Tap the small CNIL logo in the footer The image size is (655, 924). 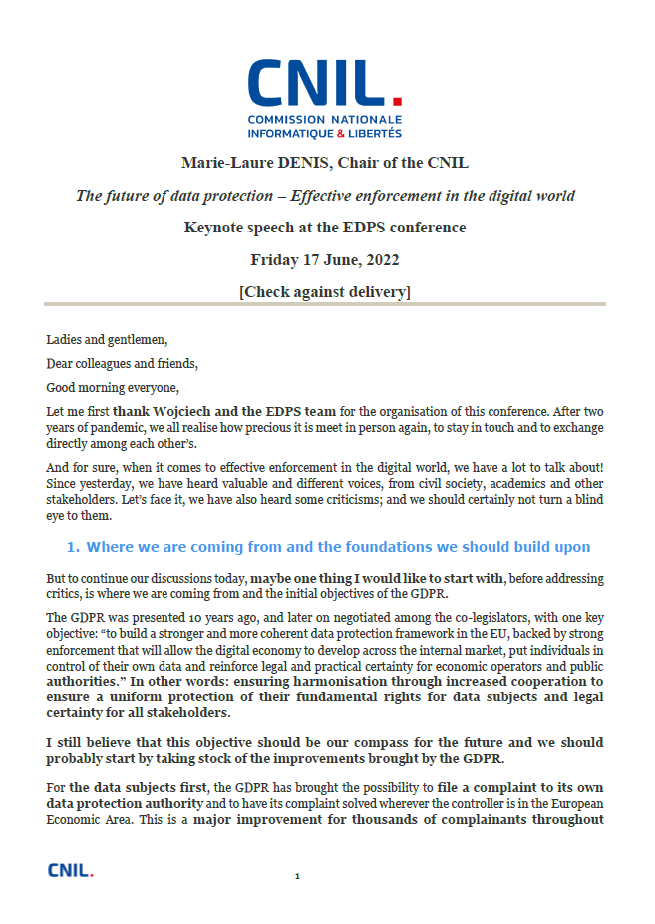pyautogui.click(x=71, y=870)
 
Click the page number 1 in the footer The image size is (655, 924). pyautogui.click(x=297, y=877)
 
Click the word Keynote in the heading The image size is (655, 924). pyautogui.click(x=215, y=227)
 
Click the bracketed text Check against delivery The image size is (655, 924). pyautogui.click(x=325, y=291)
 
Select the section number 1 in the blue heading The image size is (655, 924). pyautogui.click(x=71, y=547)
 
